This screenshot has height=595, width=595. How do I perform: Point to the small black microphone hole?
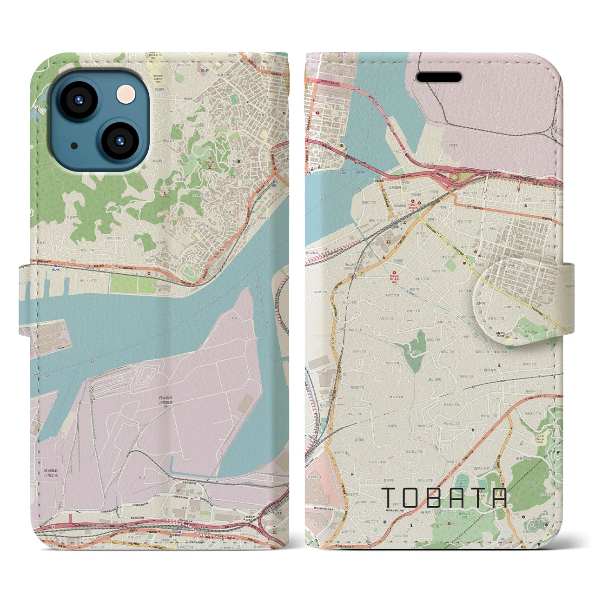click(x=74, y=145)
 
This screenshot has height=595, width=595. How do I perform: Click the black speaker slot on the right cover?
click(x=439, y=77)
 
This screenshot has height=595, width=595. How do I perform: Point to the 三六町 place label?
click(x=527, y=199)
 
